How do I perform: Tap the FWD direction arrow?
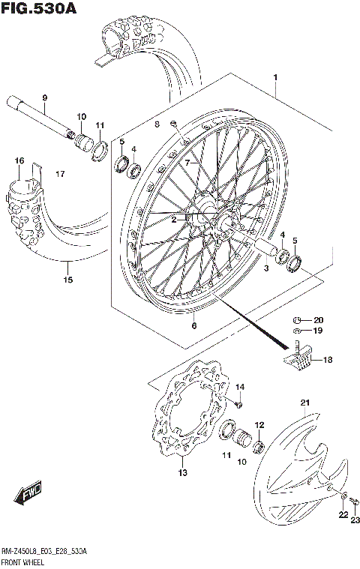(28, 494)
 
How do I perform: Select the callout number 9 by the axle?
(44, 98)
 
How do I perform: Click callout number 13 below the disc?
(181, 473)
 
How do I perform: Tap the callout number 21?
(304, 404)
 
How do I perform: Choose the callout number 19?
(318, 330)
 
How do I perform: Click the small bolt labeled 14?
(237, 404)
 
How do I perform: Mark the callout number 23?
(355, 520)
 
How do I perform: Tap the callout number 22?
(343, 514)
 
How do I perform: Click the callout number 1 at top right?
(275, 77)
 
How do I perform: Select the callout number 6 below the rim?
(193, 325)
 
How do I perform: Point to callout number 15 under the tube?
(67, 280)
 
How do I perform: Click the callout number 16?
(20, 160)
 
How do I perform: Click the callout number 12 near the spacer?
(259, 425)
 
